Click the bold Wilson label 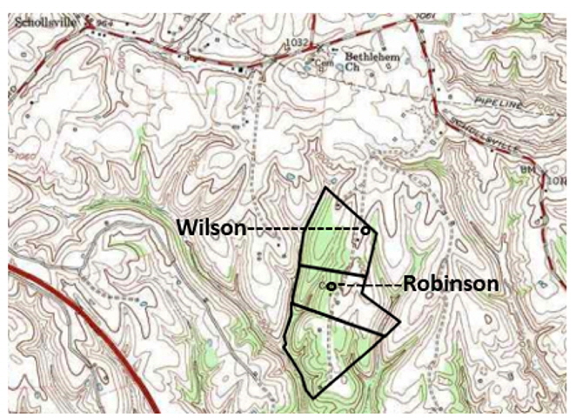pyautogui.click(x=211, y=228)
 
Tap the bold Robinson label pyautogui.click(x=450, y=284)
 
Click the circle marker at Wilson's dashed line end pyautogui.click(x=365, y=230)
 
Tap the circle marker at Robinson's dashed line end pyautogui.click(x=332, y=286)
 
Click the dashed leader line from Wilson pyautogui.click(x=305, y=229)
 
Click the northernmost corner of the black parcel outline pyautogui.click(x=325, y=187)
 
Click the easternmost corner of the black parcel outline pyautogui.click(x=399, y=323)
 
